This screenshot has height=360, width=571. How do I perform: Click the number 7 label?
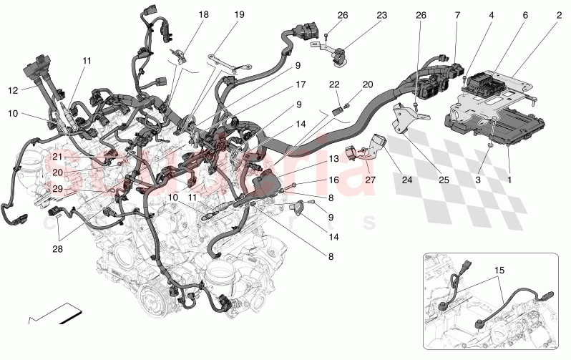[x=457, y=15]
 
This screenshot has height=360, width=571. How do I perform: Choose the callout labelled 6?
[x=525, y=15]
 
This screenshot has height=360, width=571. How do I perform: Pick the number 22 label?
[x=334, y=84]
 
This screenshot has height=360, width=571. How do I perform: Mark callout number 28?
[x=57, y=249]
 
